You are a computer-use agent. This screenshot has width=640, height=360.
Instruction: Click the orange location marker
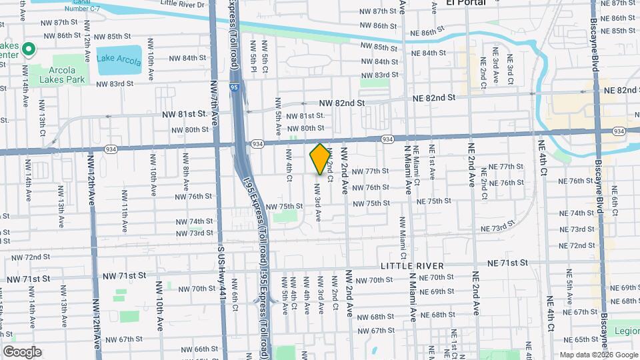click(320, 159)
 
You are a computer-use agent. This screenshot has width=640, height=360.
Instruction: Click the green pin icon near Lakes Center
click(29, 49)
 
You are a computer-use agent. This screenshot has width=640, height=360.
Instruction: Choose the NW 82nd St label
click(341, 103)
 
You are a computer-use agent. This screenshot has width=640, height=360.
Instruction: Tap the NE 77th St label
click(507, 167)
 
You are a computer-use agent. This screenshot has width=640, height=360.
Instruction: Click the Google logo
click(22, 352)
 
